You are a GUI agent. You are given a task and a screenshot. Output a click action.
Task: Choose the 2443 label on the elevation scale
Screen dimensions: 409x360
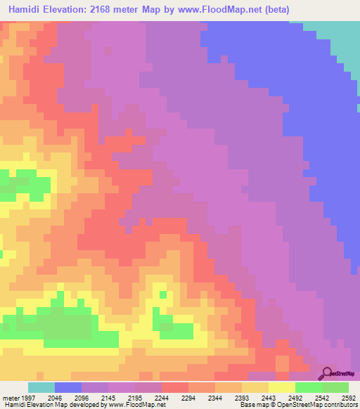[x=270, y=397]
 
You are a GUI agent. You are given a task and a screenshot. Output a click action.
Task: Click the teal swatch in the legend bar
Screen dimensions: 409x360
[x=41, y=387]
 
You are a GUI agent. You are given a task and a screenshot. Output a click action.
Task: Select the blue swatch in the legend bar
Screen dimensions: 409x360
[x=68, y=387]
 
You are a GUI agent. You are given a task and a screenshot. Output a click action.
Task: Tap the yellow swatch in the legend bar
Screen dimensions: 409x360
[x=282, y=387]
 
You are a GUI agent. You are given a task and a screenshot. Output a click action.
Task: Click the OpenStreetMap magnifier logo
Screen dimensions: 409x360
[x=328, y=373]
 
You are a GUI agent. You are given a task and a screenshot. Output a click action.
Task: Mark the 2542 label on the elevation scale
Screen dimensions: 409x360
[x=322, y=397]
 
